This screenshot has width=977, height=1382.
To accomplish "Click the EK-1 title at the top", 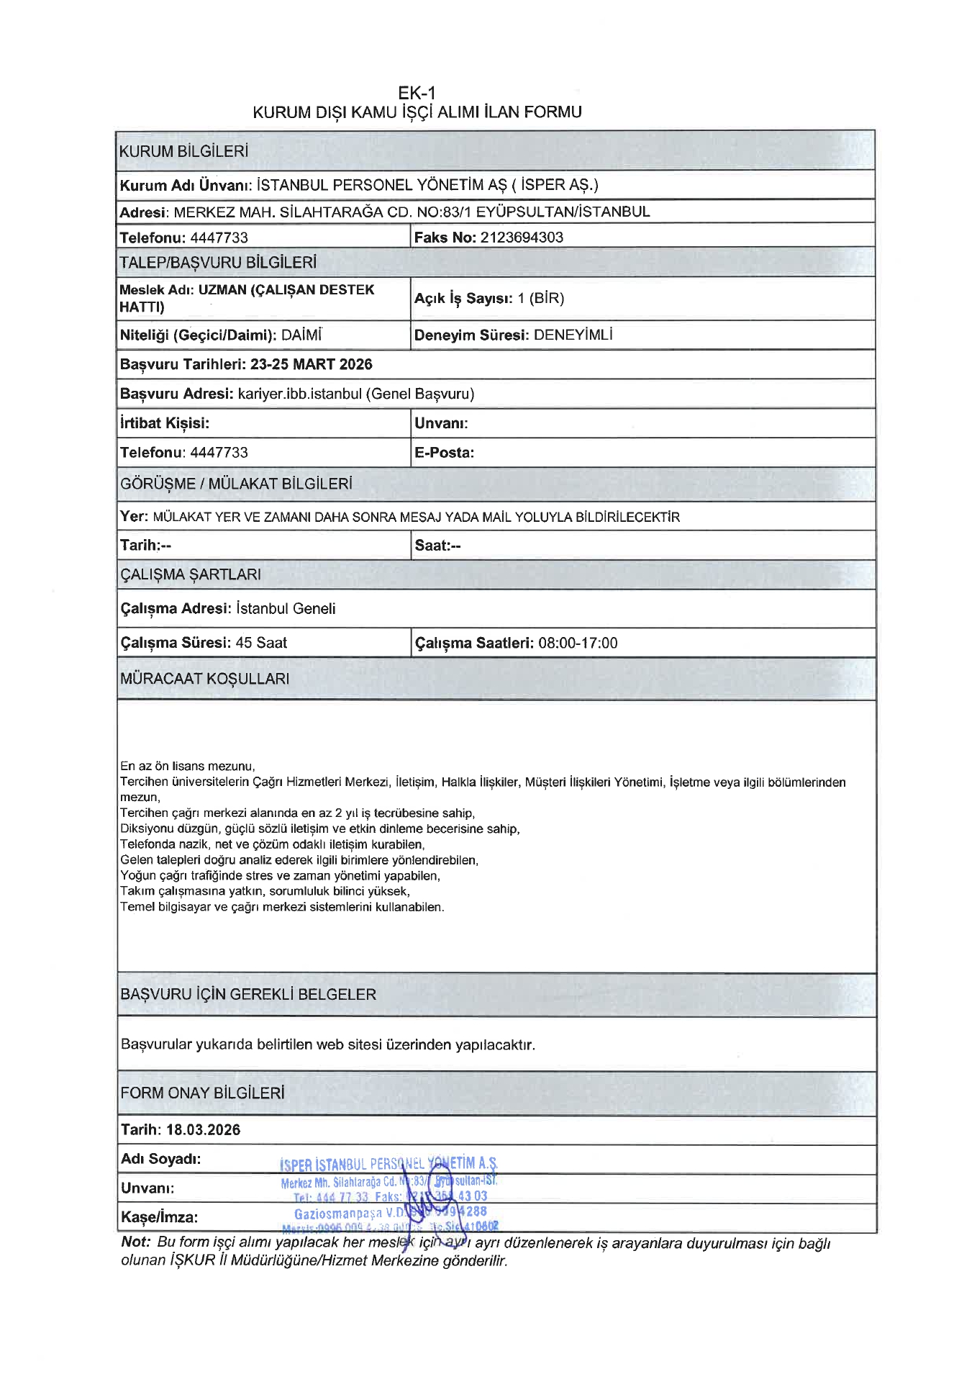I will (x=417, y=93).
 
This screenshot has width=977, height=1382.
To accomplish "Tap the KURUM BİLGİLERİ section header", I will (x=183, y=151).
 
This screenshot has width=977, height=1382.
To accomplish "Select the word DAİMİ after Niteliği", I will (x=301, y=335).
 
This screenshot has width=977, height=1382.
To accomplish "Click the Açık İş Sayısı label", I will (x=463, y=298).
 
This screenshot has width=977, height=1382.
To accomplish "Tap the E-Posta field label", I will (x=444, y=453).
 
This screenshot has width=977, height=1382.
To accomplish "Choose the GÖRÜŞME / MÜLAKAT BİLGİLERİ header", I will (x=236, y=484).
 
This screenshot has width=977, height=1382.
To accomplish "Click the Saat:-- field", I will (x=437, y=546).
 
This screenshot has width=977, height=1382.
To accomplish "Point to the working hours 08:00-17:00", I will (x=578, y=643).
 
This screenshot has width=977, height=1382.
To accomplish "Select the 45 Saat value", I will (x=261, y=643).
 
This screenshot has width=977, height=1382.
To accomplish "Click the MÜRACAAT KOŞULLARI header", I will (x=205, y=679).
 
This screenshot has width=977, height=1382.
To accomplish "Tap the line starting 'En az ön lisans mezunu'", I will (x=188, y=766).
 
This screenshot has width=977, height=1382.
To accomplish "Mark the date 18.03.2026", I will (x=203, y=1129).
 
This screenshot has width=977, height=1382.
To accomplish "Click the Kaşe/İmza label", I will (x=159, y=1217).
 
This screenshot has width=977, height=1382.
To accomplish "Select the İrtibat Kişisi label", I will (x=165, y=423).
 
